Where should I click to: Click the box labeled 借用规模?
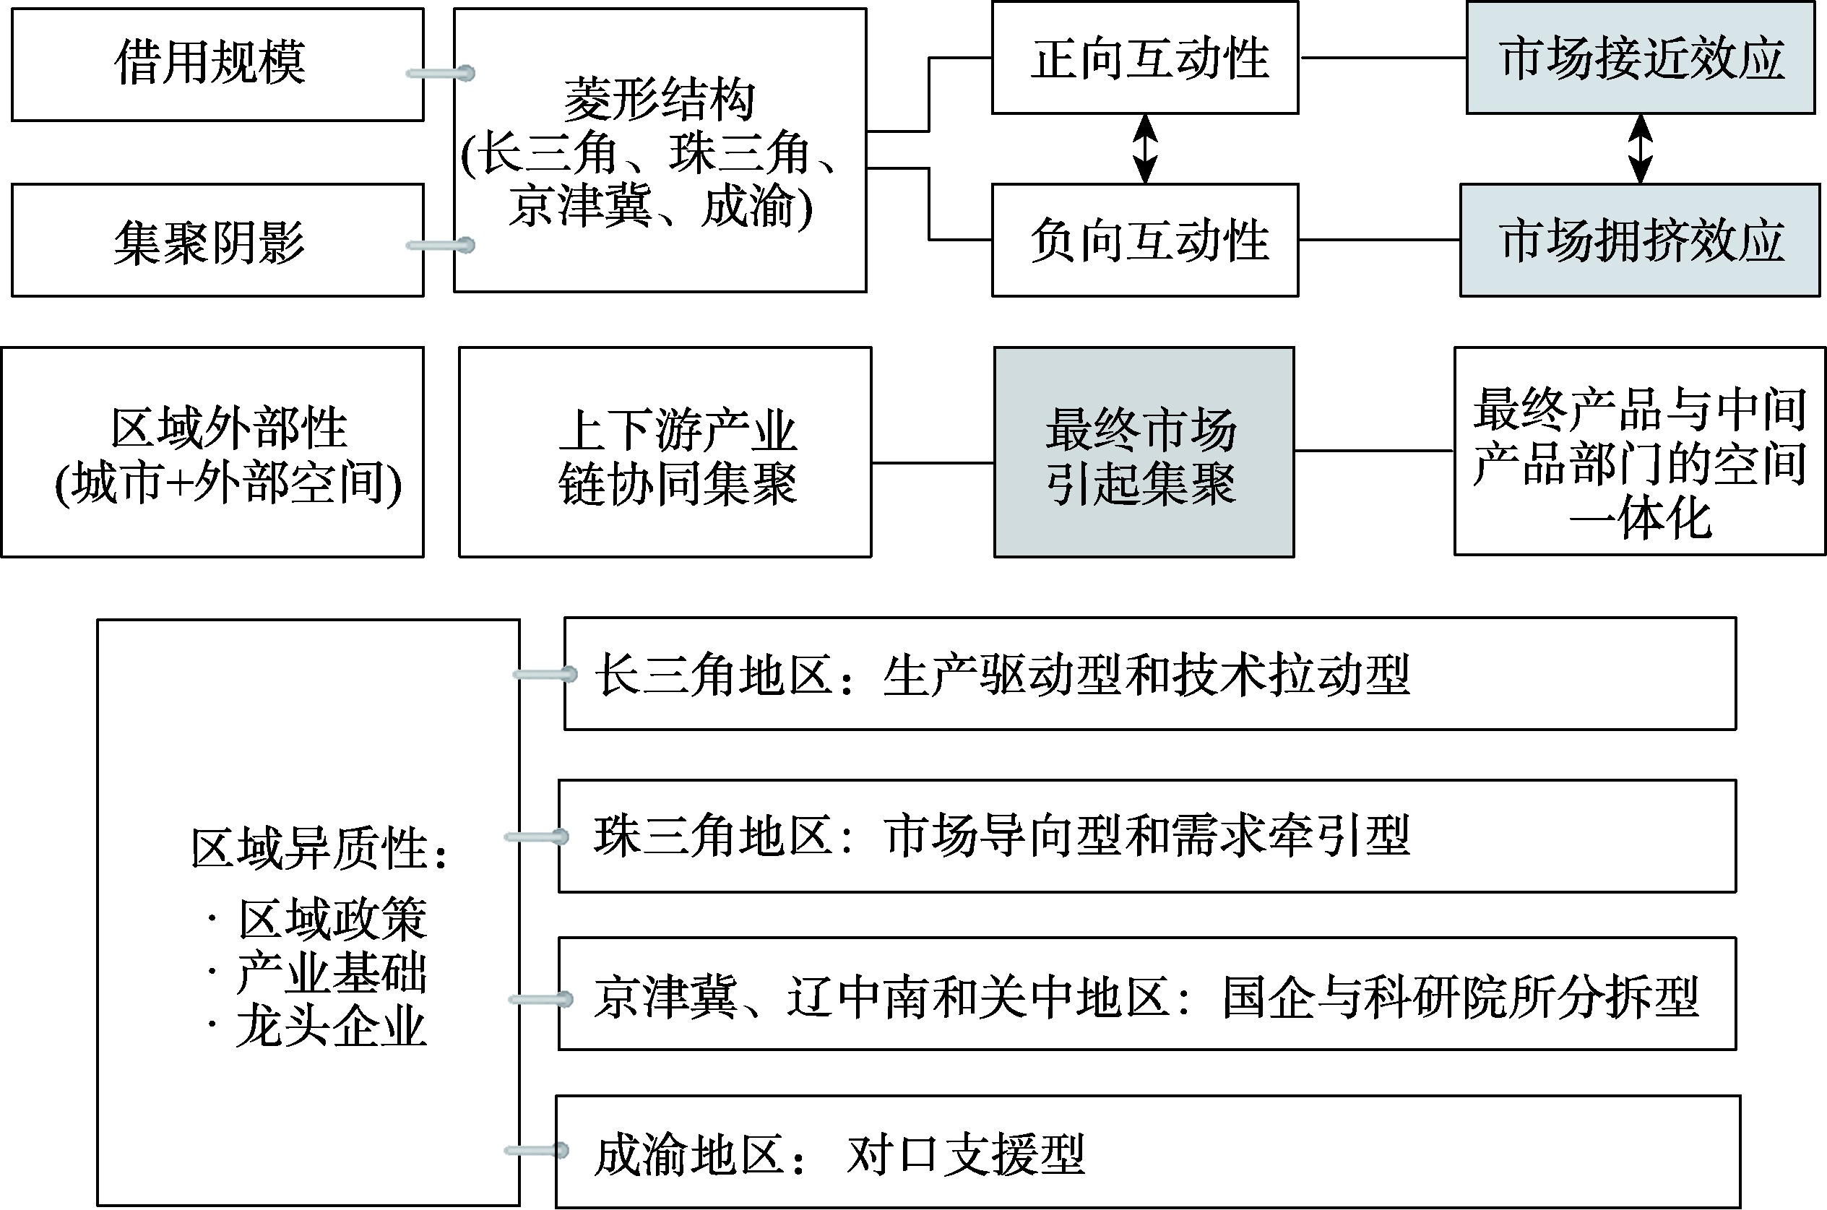pyautogui.click(x=217, y=64)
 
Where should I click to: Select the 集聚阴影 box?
pyautogui.click(x=217, y=240)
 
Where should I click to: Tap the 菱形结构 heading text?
pyautogui.click(x=659, y=100)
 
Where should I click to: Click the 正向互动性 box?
pyautogui.click(x=1145, y=58)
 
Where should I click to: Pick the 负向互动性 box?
pyautogui.click(x=1145, y=240)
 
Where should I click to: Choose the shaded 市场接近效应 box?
pyautogui.click(x=1641, y=58)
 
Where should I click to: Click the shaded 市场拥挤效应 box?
pyautogui.click(x=1641, y=240)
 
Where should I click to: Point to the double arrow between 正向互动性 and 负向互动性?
pyautogui.click(x=1146, y=149)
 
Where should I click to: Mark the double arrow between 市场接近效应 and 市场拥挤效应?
pyautogui.click(x=1641, y=149)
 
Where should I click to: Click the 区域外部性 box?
pyautogui.click(x=213, y=452)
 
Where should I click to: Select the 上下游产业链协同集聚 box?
pyautogui.click(x=665, y=452)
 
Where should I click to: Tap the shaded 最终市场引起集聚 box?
pyautogui.click(x=1144, y=452)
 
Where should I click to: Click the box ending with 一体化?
pyautogui.click(x=1639, y=451)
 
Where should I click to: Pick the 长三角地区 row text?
pyautogui.click(x=1002, y=675)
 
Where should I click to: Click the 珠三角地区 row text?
pyautogui.click(x=1002, y=837)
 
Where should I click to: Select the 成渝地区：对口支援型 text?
pyautogui.click(x=839, y=1154)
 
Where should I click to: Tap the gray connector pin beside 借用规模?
pyautogui.click(x=441, y=73)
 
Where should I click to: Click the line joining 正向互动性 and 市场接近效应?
pyautogui.click(x=1383, y=58)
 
